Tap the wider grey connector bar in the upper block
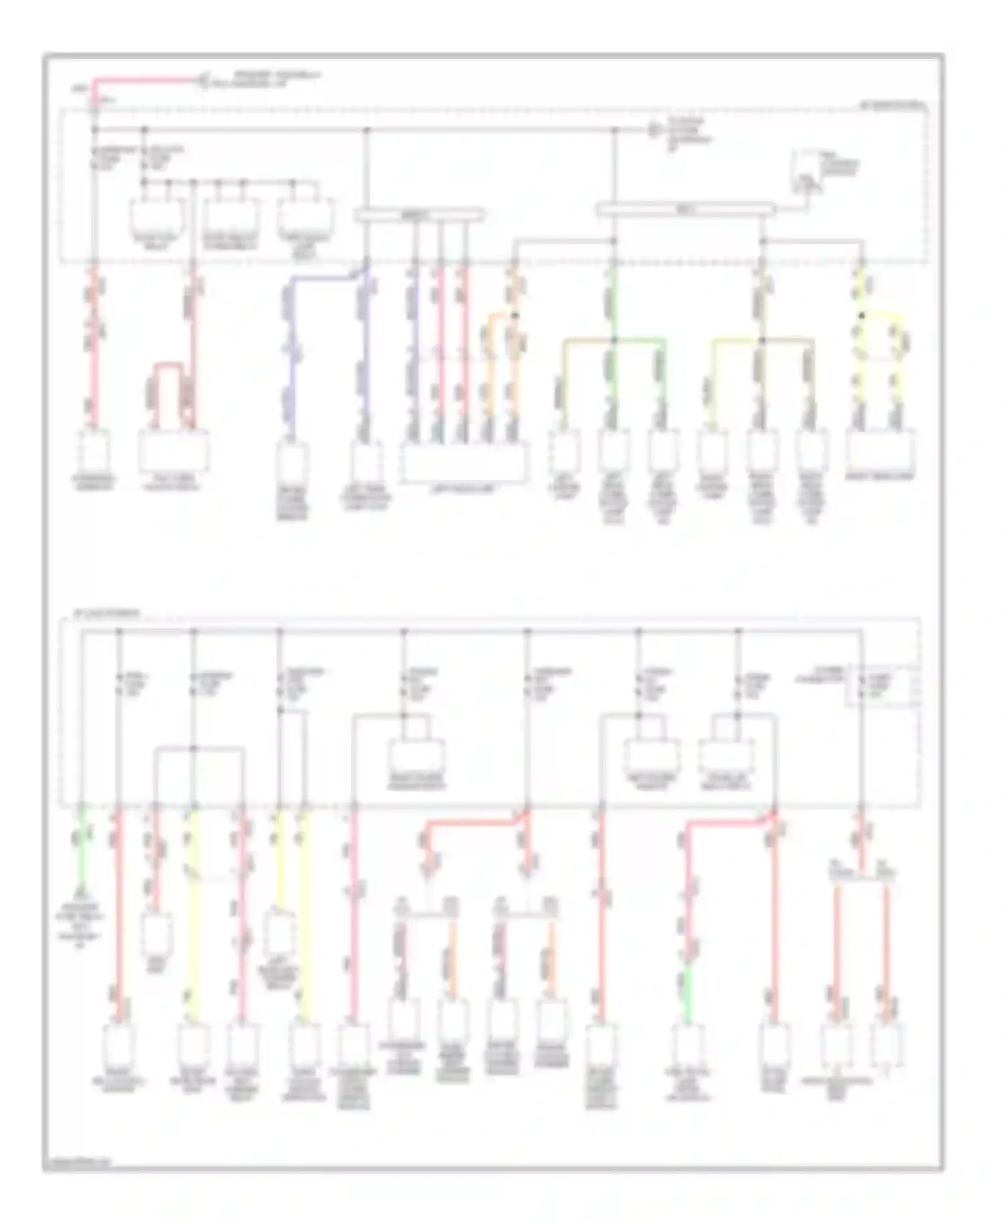click(x=685, y=210)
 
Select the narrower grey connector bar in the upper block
click(x=419, y=214)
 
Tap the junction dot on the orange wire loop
click(x=515, y=315)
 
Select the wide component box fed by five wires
click(x=464, y=462)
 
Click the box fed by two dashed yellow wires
click(x=880, y=452)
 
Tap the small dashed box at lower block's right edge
click(x=882, y=686)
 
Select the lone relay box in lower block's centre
click(x=416, y=757)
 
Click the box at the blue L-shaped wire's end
click(x=293, y=462)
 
